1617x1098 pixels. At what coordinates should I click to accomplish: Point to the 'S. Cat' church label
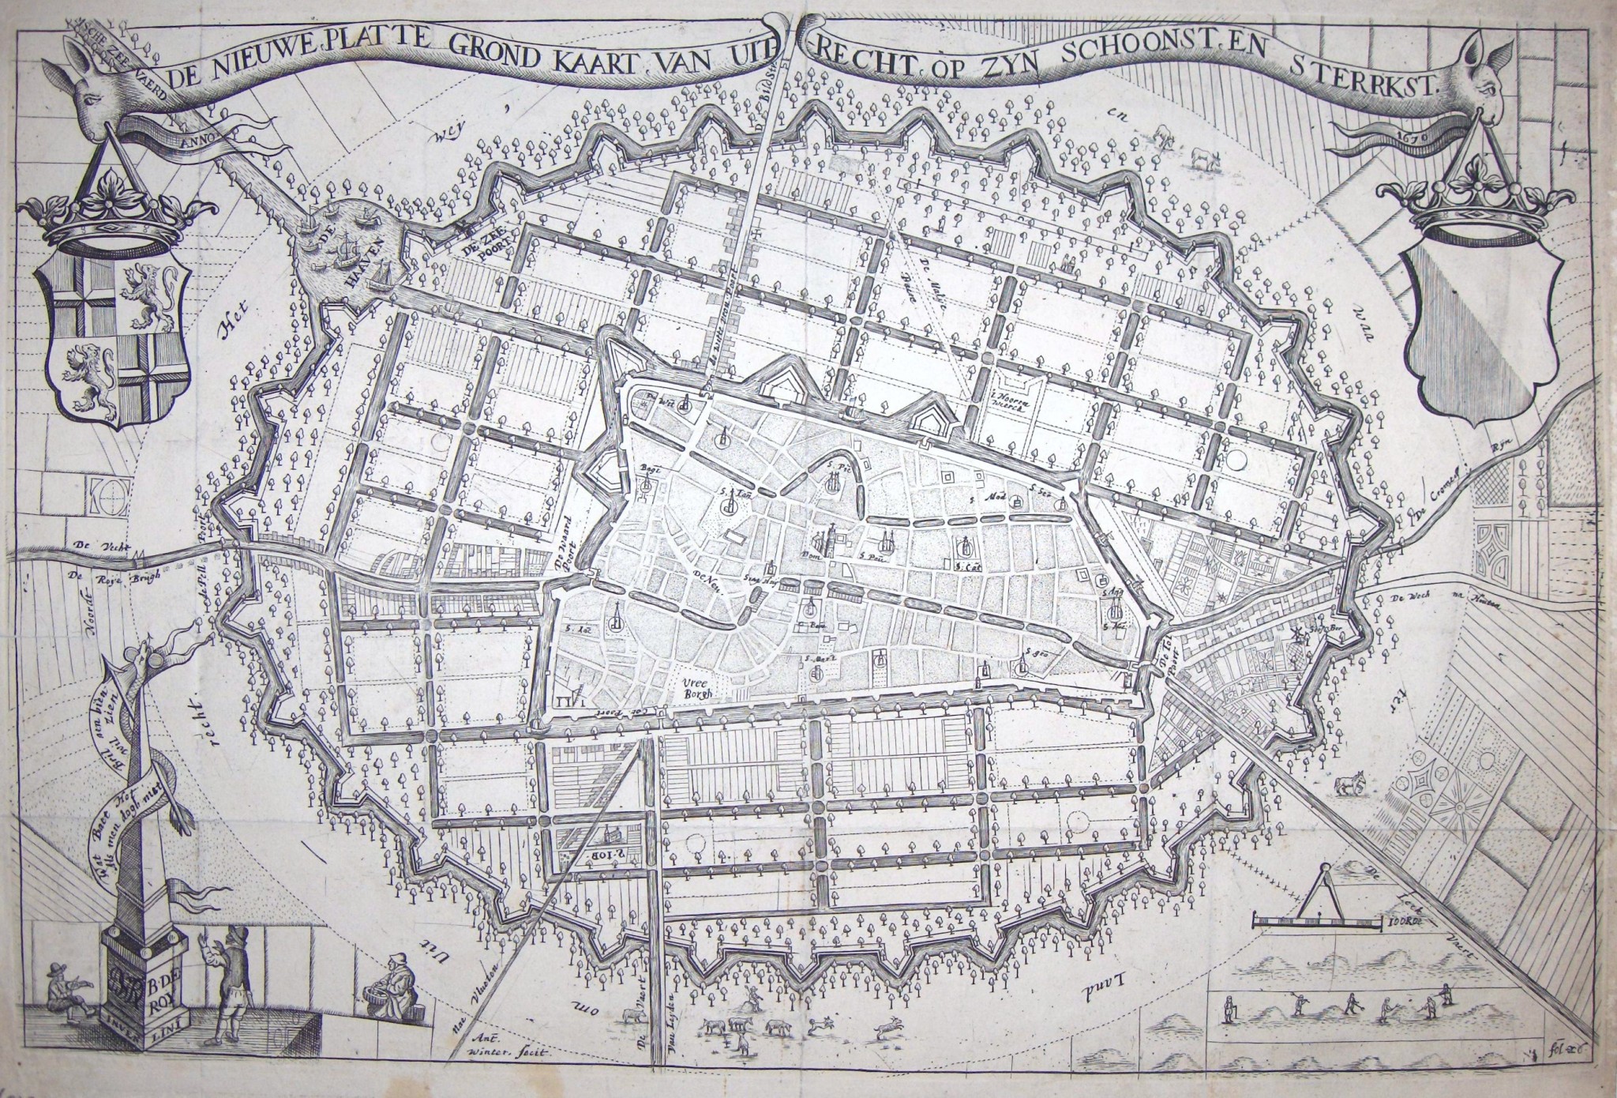pyautogui.click(x=962, y=566)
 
